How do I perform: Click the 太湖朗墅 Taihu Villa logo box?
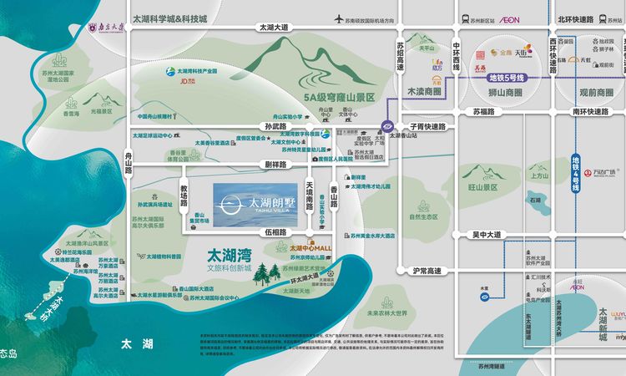(x=255, y=203)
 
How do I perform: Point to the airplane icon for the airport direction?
(x=338, y=18)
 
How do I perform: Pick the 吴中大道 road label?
(x=486, y=235)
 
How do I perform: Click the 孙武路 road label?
(x=252, y=126)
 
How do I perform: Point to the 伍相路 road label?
(x=277, y=231)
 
